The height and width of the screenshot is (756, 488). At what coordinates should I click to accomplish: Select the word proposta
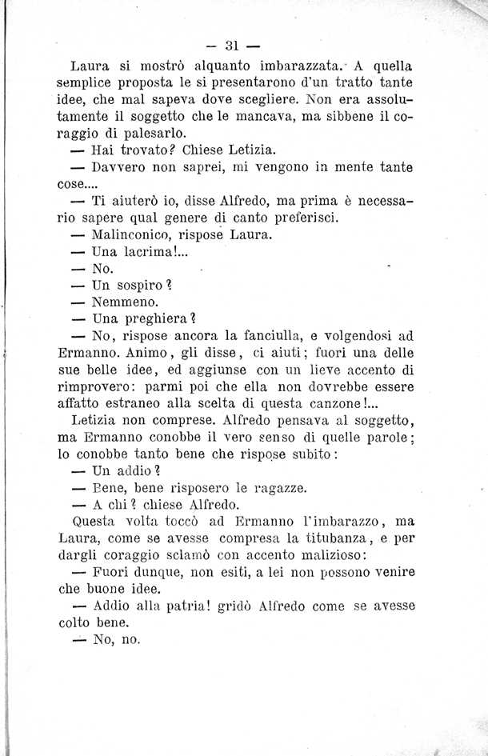[150, 85]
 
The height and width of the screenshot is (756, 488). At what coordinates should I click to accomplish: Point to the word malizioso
[328, 556]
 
